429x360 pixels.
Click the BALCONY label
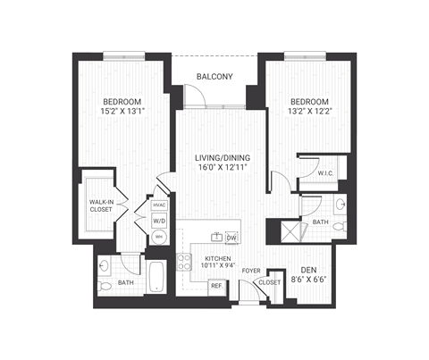point(214,77)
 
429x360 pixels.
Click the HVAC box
point(159,205)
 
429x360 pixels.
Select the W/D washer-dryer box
point(159,221)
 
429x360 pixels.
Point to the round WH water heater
point(159,238)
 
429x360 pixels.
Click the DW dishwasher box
point(231,238)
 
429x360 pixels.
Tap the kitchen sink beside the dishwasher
point(216,238)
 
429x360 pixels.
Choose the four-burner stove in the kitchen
point(185,263)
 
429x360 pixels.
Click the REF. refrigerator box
point(216,287)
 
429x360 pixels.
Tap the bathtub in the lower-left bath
point(156,277)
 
